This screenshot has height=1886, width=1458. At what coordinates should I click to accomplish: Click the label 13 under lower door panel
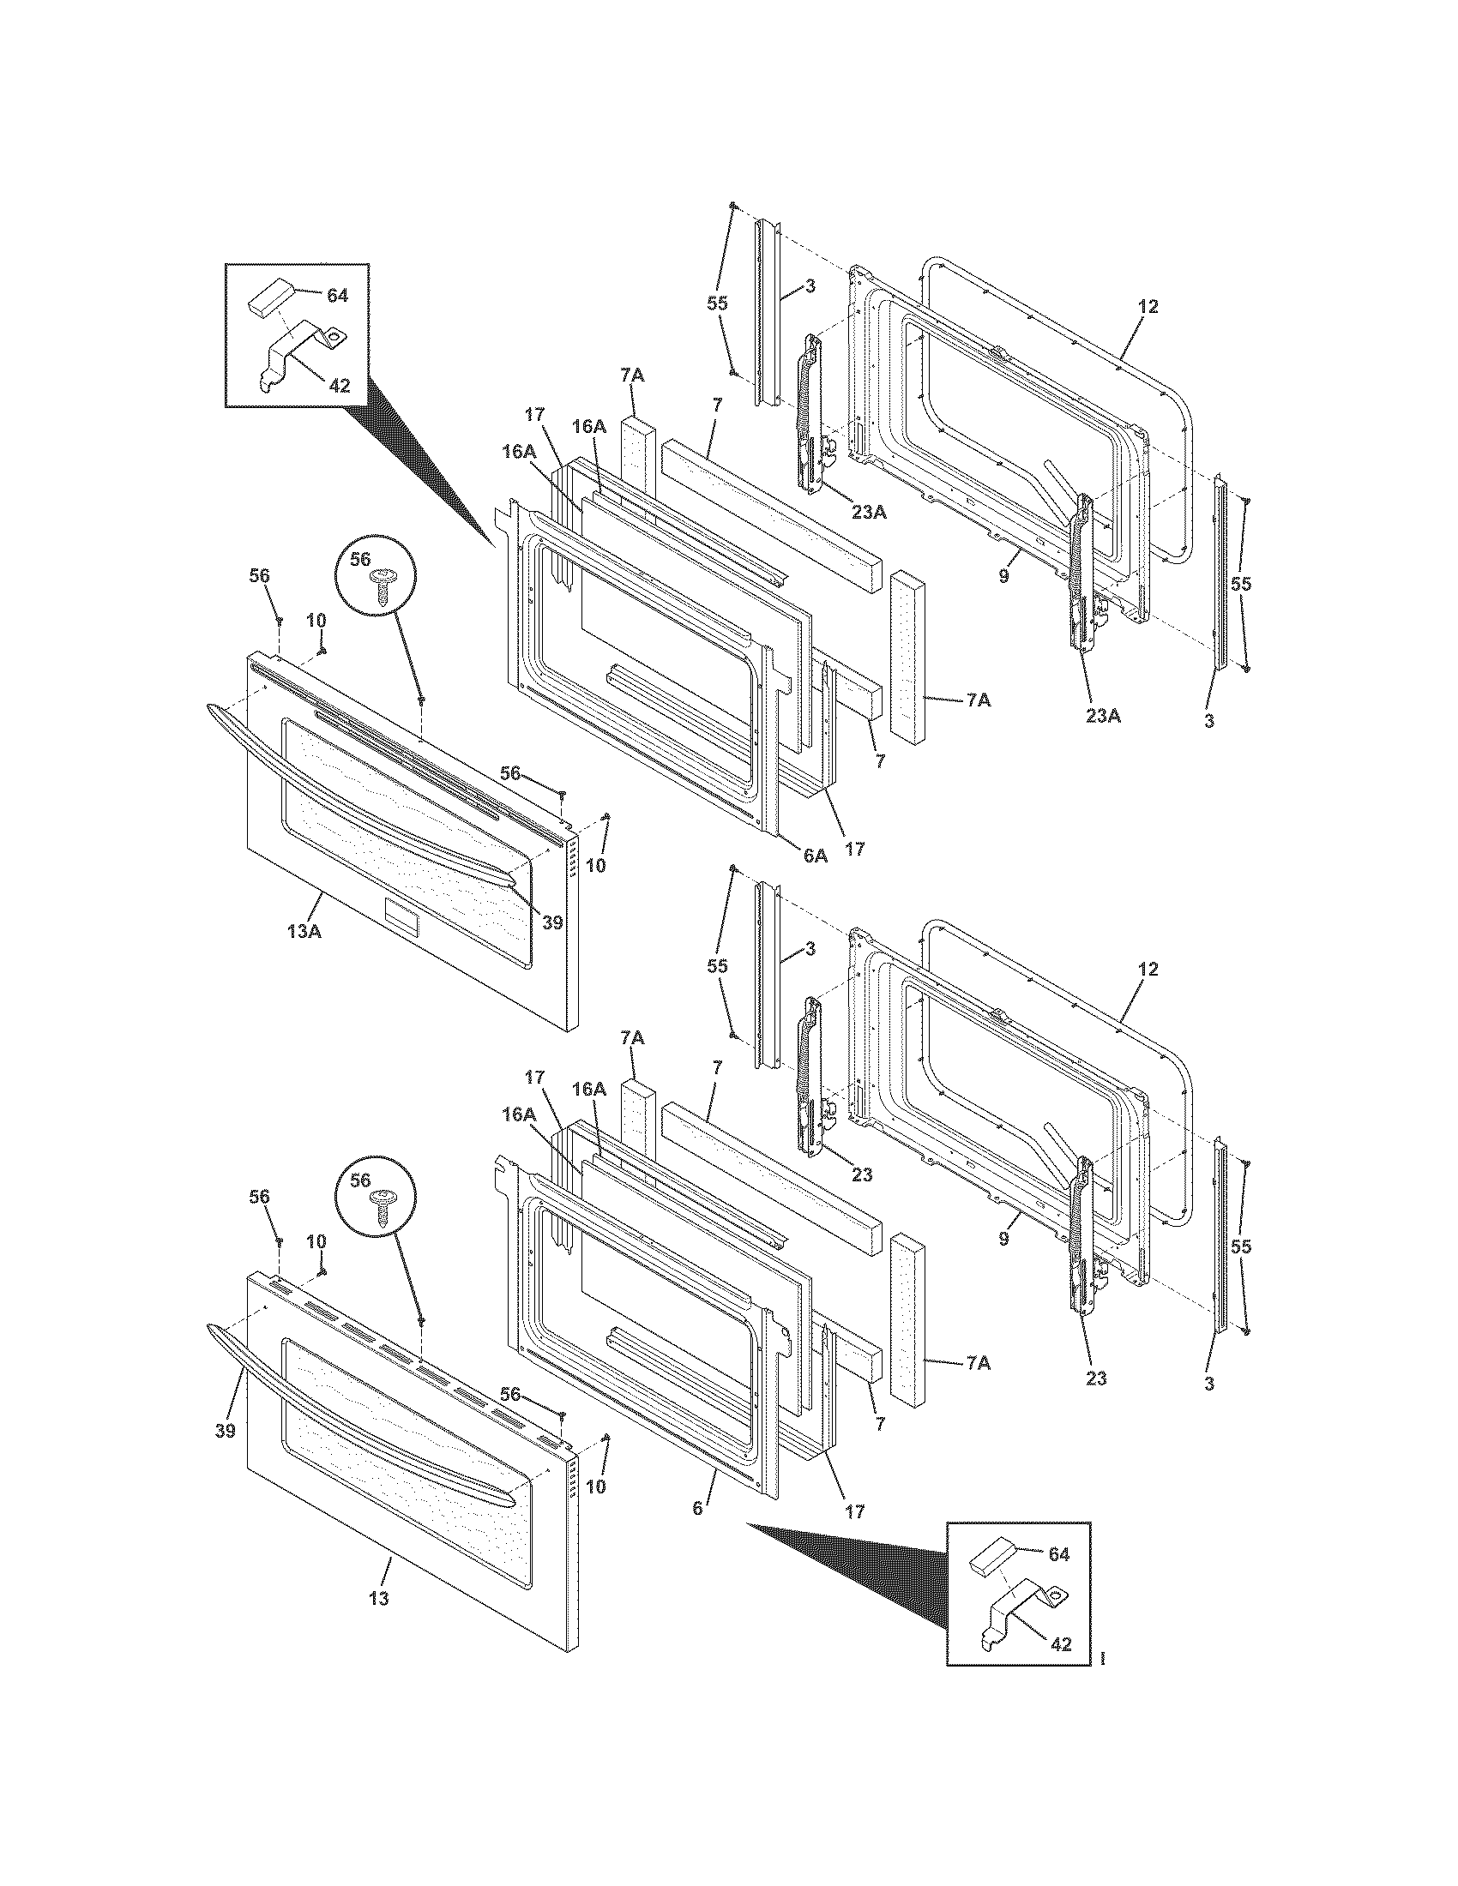(378, 1599)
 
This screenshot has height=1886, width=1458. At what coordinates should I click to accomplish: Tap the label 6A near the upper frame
(815, 855)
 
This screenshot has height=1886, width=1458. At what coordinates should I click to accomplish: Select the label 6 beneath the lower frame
(698, 1509)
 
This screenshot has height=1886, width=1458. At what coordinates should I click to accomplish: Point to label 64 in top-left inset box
(337, 296)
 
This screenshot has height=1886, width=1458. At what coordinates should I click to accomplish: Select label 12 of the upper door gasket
(1148, 307)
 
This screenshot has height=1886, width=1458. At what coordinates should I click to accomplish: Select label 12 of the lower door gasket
(1148, 970)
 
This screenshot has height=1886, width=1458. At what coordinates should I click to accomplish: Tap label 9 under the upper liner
(1003, 578)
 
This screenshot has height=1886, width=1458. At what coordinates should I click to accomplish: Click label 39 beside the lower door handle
(225, 1432)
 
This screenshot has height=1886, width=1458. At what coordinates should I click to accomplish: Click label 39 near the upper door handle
(552, 922)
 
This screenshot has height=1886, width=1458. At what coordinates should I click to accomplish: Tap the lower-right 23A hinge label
(1102, 715)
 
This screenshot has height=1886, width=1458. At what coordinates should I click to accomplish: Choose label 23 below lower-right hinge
(1096, 1378)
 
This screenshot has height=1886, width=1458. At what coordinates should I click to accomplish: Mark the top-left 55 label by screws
(717, 303)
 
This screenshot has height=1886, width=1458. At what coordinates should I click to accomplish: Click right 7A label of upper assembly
(978, 700)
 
